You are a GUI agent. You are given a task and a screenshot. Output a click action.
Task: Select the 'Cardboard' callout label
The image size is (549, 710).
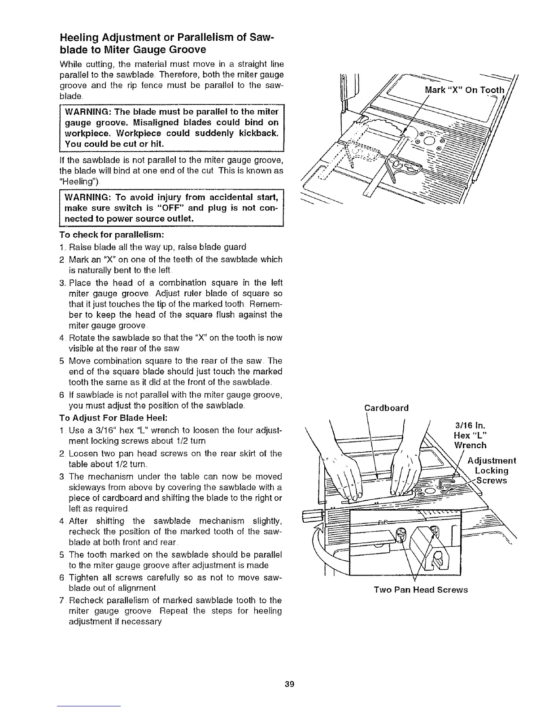click(x=387, y=408)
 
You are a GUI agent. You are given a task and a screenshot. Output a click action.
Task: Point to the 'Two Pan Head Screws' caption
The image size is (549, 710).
click(x=421, y=590)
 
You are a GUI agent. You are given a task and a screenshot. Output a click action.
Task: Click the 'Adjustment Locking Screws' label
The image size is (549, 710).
click(x=492, y=471)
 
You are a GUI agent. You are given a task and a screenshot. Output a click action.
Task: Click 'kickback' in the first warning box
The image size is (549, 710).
click(x=252, y=134)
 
